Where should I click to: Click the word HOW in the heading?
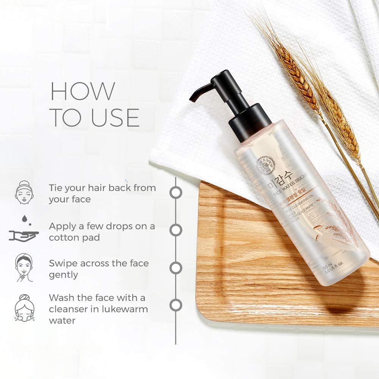(x=83, y=91)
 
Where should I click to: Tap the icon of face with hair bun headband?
(x=24, y=193)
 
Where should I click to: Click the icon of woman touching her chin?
(x=24, y=268)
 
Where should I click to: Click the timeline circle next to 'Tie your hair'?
(x=175, y=192)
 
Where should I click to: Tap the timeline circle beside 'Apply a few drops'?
(x=175, y=230)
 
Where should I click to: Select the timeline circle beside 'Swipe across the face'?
(x=175, y=268)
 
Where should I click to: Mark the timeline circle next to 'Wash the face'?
(x=175, y=305)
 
